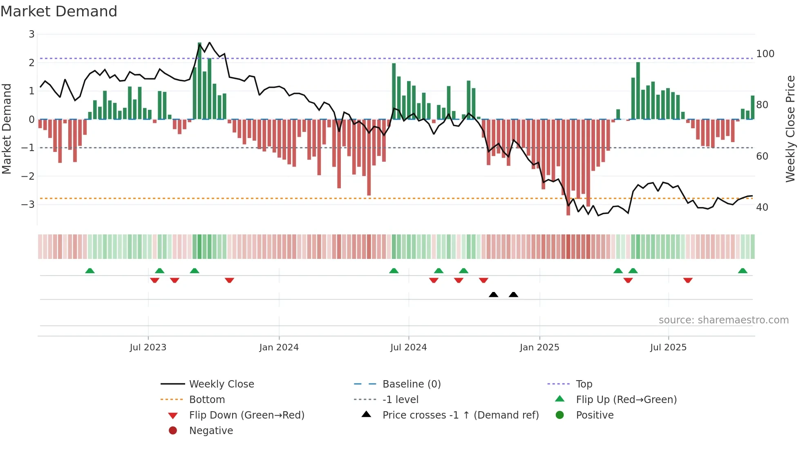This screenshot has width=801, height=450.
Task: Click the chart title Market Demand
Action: (x=59, y=11)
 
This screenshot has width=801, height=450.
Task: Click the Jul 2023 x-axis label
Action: (x=148, y=348)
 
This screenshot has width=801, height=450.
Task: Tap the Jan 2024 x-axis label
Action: (x=279, y=348)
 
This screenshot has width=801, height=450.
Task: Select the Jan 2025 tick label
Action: (x=539, y=348)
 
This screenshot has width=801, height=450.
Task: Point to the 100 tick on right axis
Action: (x=765, y=54)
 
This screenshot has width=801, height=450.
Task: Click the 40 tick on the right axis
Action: (x=762, y=207)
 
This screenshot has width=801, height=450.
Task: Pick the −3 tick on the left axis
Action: (x=28, y=204)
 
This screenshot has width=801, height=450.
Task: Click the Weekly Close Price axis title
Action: (x=790, y=129)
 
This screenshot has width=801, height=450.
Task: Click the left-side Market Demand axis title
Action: (x=7, y=129)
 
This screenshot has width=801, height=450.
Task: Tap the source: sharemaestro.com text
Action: (x=723, y=320)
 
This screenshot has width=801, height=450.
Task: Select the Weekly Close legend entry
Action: (x=221, y=384)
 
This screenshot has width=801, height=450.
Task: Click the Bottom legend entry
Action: (x=207, y=400)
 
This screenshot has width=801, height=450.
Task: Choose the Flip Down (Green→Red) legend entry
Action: (x=246, y=415)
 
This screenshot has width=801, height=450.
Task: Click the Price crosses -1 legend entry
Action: (x=460, y=415)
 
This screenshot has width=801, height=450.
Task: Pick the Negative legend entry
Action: (x=211, y=431)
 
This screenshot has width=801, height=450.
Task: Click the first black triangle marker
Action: (x=493, y=295)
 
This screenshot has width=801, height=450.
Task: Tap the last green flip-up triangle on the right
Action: (x=743, y=271)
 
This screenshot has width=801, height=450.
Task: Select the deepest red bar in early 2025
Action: (x=568, y=167)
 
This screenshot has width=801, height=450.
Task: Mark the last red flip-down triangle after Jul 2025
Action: (x=688, y=280)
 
